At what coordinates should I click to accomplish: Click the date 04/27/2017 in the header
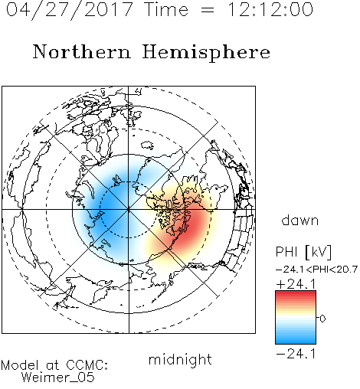pos(70,9)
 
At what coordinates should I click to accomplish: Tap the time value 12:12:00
pos(270,9)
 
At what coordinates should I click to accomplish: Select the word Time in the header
pos(166,9)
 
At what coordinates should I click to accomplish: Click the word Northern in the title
pos(82,51)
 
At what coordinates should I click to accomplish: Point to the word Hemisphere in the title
pos(206,53)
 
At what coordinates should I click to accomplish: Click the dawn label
pos(300,220)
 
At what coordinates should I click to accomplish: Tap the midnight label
pos(180,359)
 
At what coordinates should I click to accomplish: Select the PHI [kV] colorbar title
pos(303,252)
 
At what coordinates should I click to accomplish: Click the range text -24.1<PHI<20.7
pos(316,270)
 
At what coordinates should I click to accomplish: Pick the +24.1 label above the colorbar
pos(296,284)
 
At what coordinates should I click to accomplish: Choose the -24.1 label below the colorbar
pos(296,354)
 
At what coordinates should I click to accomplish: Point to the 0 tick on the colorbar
pos(322,319)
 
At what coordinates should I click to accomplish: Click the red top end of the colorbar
pos(296,293)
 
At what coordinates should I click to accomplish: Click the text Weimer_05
pos(58,378)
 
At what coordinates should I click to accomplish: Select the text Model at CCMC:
pos(54,365)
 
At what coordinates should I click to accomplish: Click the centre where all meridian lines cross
pos(129,210)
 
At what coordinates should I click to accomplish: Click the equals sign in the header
pos(208,10)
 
